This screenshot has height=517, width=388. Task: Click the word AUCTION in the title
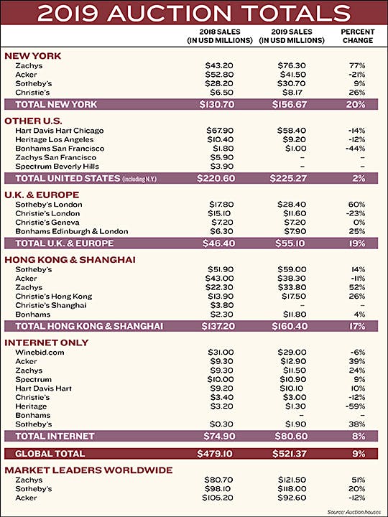(170, 13)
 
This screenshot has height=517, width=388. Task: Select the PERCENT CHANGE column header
(358, 37)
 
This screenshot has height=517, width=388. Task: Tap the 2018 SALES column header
(220, 37)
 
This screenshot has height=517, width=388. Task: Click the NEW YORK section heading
(32, 56)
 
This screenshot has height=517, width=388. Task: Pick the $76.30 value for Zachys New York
(292, 65)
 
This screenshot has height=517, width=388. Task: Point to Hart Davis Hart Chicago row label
(60, 131)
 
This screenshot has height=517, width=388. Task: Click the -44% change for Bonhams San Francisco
(356, 149)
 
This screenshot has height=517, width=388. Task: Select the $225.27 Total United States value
(288, 178)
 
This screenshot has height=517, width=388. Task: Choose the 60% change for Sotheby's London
(356, 205)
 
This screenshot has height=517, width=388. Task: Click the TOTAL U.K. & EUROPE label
(65, 243)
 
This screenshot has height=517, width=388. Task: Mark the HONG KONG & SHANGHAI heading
(70, 260)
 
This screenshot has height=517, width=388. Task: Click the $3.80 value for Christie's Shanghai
(222, 305)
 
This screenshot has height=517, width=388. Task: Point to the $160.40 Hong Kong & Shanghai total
(290, 327)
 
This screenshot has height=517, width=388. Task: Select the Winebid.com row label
(40, 352)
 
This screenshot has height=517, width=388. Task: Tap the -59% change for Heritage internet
(356, 406)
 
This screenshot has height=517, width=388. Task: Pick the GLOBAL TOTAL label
(50, 454)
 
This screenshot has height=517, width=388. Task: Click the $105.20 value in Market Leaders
(218, 498)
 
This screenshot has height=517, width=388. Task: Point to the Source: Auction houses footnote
(354, 512)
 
